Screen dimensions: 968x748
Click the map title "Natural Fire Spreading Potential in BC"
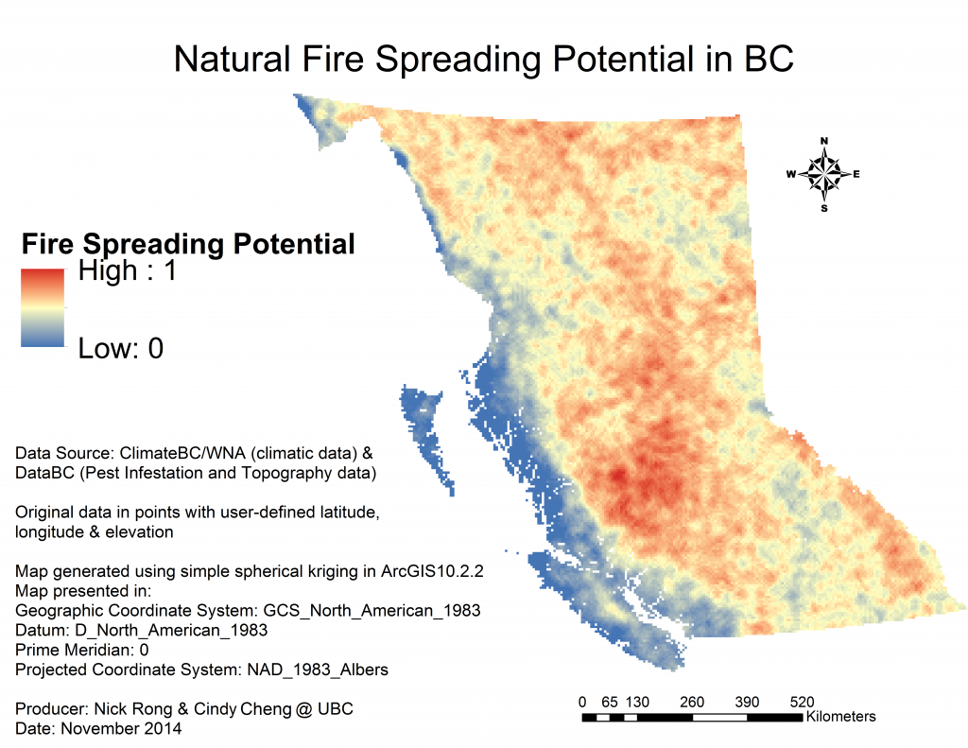483,60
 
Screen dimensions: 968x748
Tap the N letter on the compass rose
824,141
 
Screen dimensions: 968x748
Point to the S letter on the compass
824,208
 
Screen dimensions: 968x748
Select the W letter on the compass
791,174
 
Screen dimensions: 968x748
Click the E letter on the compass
856,174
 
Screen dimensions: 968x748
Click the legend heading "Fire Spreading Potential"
188,243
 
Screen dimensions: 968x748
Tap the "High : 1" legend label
128,270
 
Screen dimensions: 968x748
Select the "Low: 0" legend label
121,348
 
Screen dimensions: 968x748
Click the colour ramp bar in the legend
43,307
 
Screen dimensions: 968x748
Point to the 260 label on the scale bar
692,703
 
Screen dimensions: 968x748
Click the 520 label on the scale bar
802,703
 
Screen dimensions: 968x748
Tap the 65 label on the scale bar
610,703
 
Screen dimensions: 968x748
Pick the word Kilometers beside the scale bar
840,717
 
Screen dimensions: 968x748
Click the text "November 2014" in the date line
121,729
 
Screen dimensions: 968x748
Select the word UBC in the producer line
336,709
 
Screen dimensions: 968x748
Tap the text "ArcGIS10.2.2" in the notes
432,571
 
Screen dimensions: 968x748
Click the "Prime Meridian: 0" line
82,651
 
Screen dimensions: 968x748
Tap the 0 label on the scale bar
582,703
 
